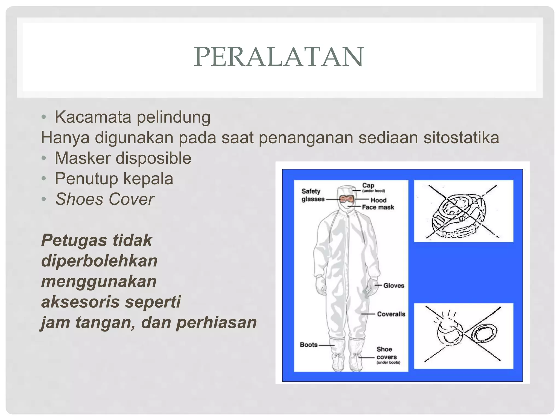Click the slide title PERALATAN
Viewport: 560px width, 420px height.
279,57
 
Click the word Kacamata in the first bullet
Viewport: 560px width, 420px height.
93,117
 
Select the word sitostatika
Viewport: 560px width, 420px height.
461,138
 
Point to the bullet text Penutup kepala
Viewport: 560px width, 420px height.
114,179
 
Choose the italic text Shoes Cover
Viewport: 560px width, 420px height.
104,199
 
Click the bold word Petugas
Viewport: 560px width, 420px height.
74,240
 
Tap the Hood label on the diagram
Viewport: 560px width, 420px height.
378,200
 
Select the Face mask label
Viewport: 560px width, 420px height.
378,207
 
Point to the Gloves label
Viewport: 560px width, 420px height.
393,285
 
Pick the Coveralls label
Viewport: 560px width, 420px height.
391,314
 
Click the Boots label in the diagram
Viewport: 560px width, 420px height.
309,345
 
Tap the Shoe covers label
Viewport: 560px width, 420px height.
386,353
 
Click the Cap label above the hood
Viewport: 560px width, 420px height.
368,185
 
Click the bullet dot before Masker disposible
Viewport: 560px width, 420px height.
44,158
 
